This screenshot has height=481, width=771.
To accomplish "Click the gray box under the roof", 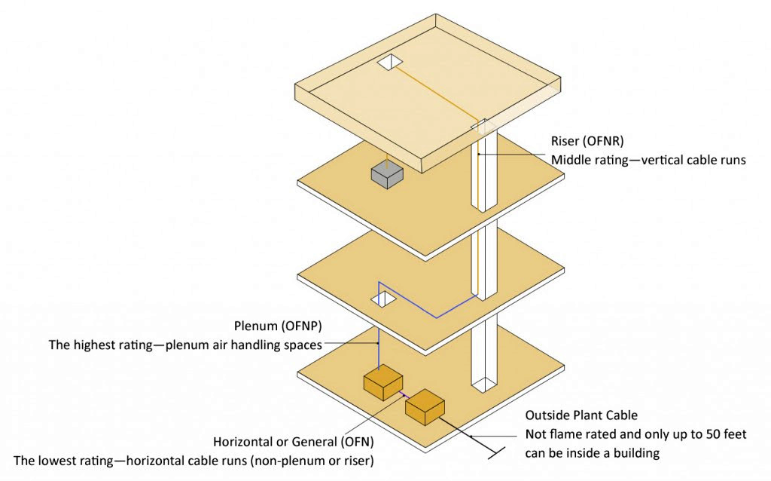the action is tap(387, 176).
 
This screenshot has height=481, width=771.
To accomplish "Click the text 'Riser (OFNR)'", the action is tap(587, 141).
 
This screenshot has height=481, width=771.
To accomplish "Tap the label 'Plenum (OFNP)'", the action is tap(278, 326).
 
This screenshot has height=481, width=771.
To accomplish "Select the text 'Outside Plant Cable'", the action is tap(581, 415).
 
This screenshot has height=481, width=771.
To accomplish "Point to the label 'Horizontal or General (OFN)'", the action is tap(293, 442).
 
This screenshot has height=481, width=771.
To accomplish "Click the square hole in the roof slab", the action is tap(390, 63).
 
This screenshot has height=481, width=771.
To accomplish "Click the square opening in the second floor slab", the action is tap(383, 299).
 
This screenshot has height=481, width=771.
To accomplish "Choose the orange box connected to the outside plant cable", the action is tap(425, 406).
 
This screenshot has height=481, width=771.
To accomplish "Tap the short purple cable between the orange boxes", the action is tap(404, 395).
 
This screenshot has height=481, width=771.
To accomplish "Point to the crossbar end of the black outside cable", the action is tap(495, 452).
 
